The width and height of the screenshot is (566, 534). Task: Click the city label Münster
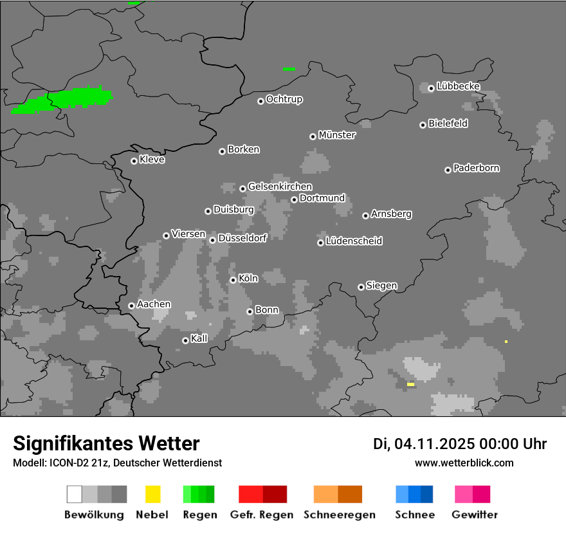pyautogui.click(x=337, y=135)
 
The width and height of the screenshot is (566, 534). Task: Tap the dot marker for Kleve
pyautogui.click(x=134, y=161)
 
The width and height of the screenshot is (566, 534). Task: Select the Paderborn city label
pyautogui.click(x=476, y=168)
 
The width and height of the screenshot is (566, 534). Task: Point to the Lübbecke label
pyautogui.click(x=458, y=86)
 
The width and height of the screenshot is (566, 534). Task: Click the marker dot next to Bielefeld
pyautogui.click(x=423, y=125)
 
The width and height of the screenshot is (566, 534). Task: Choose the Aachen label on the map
pyautogui.click(x=154, y=304)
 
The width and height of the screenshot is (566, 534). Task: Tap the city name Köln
pyautogui.click(x=248, y=279)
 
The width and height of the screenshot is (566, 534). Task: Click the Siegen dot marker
pyautogui.click(x=361, y=287)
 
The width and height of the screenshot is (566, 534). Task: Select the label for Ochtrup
pyautogui.click(x=284, y=99)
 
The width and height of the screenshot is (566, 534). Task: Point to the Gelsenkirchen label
pyautogui.click(x=280, y=187)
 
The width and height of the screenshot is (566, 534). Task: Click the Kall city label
pyautogui.click(x=199, y=338)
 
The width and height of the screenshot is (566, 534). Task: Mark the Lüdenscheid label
pyautogui.click(x=354, y=241)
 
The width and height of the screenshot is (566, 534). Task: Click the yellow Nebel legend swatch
pyautogui.click(x=152, y=494)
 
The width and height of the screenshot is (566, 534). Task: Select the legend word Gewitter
pyautogui.click(x=475, y=515)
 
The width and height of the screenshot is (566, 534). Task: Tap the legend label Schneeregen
pyautogui.click(x=340, y=515)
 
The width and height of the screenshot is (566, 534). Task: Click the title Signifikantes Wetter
pyautogui.click(x=106, y=443)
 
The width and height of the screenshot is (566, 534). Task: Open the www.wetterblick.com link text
pyautogui.click(x=464, y=463)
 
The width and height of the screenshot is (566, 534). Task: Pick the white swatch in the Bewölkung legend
pyautogui.click(x=75, y=494)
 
